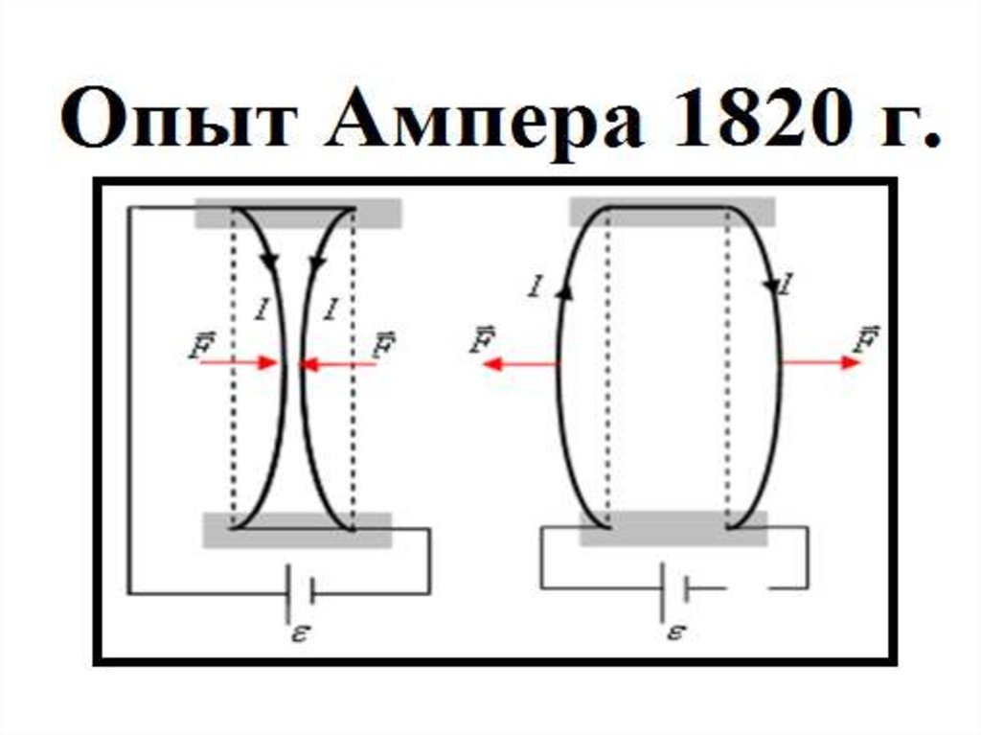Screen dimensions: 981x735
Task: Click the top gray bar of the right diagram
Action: (672, 212)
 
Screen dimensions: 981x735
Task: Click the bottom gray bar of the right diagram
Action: (673, 529)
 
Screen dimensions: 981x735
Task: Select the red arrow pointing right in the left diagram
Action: (239, 363)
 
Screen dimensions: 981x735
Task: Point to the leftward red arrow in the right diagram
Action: (518, 363)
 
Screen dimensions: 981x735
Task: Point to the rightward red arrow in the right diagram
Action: (820, 363)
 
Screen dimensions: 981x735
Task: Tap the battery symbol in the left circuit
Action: (300, 593)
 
